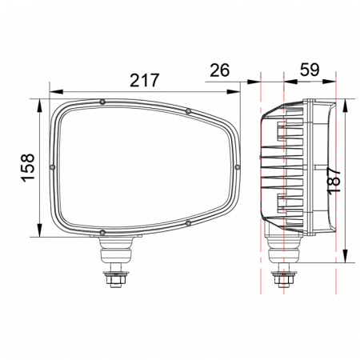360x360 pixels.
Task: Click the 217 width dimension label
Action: [x=145, y=80]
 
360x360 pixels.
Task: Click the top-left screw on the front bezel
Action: [x=103, y=102]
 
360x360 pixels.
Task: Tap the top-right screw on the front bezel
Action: [x=186, y=110]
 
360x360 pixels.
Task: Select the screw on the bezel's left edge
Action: [x=53, y=166]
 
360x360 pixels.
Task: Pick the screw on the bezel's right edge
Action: [x=237, y=166]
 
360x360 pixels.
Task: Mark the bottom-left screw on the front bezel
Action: [x=102, y=232]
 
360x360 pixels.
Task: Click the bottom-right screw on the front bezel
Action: [x=186, y=223]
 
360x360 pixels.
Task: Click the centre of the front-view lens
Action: [x=144, y=166]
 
